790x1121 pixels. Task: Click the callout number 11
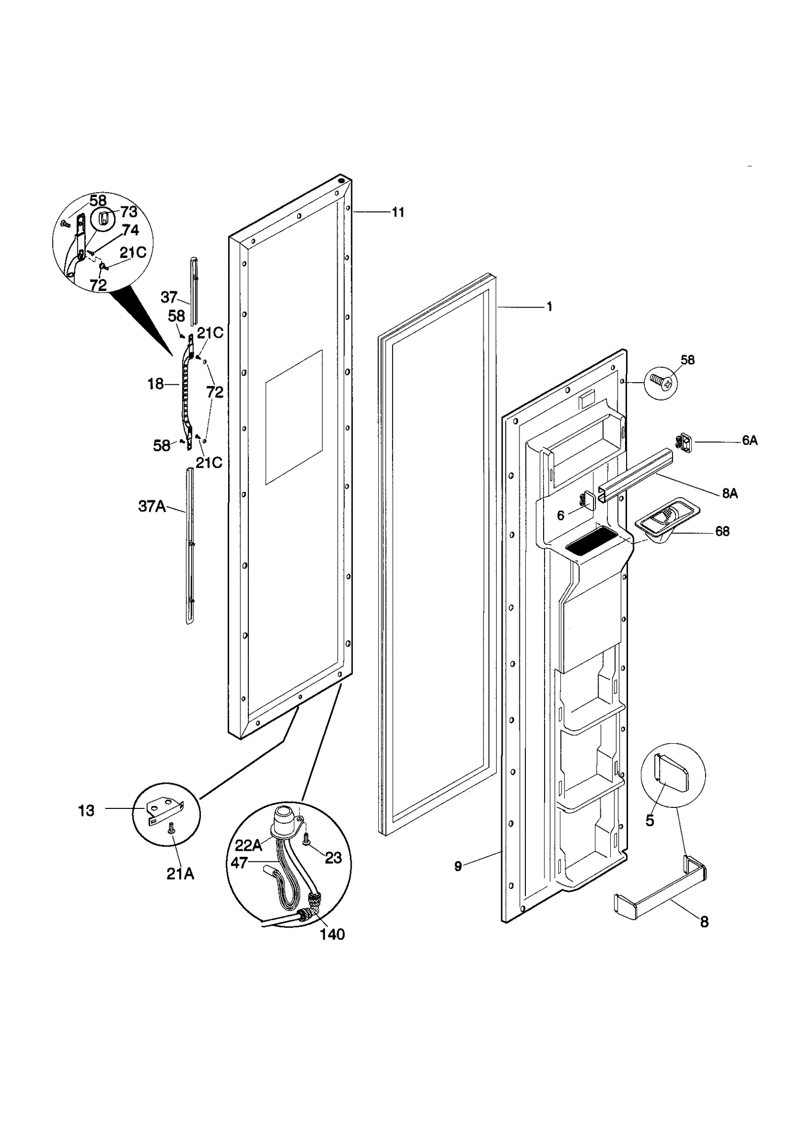click(397, 212)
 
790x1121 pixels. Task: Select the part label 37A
click(152, 506)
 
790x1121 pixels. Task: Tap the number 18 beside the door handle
click(156, 384)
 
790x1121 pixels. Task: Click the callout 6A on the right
click(749, 440)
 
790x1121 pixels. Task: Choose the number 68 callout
click(722, 531)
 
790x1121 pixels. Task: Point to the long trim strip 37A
click(189, 546)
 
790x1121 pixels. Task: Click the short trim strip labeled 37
click(194, 291)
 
